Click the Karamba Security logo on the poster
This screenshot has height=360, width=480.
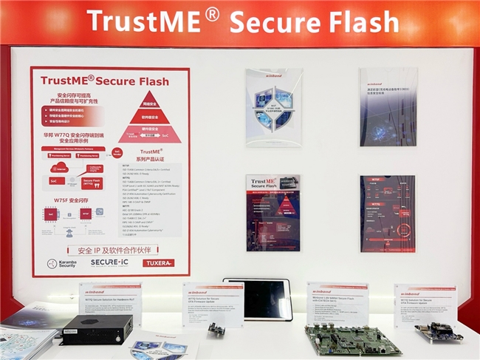click(x=62, y=263)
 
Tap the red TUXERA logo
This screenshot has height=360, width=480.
click(x=158, y=262)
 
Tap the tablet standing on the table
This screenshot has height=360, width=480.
click(x=258, y=299)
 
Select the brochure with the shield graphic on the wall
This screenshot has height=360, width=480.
click(x=273, y=108)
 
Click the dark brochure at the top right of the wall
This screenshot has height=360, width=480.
click(x=388, y=107)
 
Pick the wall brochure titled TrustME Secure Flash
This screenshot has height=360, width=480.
click(x=273, y=213)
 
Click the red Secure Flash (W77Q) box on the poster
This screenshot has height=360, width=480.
click(x=92, y=183)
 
